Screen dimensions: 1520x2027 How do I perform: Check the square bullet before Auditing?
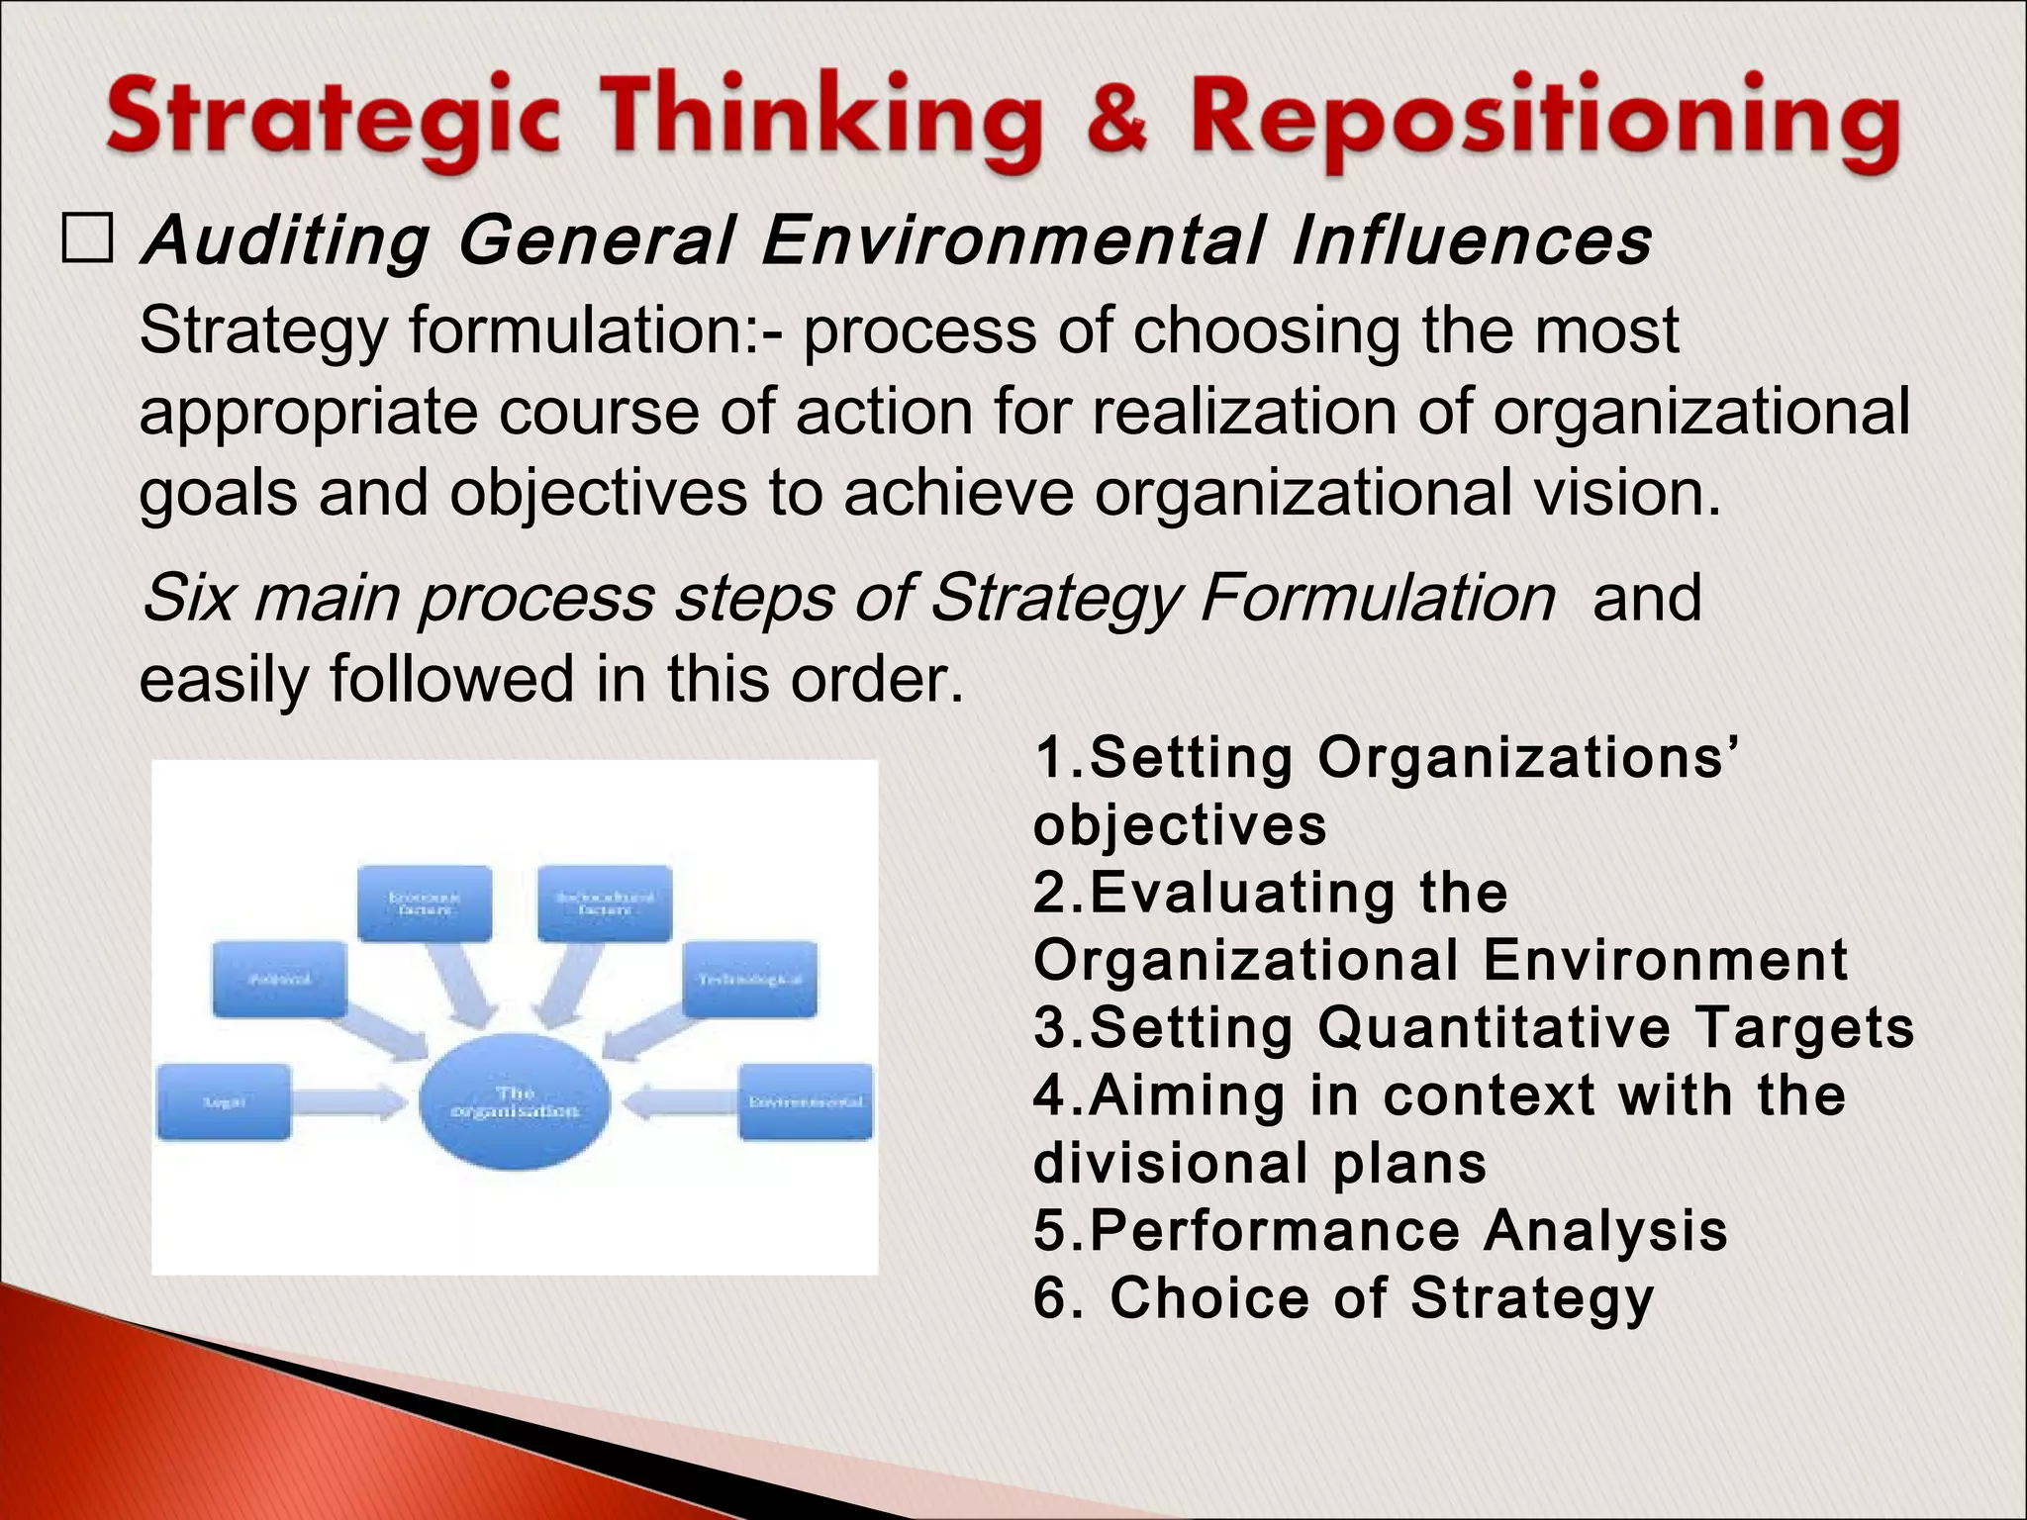[x=87, y=240]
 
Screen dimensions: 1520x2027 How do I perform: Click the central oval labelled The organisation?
[x=514, y=1101]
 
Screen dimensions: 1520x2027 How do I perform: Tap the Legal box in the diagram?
[x=225, y=1101]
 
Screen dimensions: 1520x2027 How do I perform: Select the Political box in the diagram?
[x=280, y=979]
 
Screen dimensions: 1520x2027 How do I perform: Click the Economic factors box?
[x=425, y=902]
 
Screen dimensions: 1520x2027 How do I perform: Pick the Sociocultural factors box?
[x=605, y=902]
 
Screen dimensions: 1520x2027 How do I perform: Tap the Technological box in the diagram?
[x=750, y=979]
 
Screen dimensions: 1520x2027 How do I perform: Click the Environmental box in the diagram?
[x=806, y=1101]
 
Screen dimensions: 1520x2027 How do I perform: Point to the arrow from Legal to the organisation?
[x=349, y=1101]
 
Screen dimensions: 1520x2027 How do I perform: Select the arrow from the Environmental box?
[x=682, y=1101]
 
